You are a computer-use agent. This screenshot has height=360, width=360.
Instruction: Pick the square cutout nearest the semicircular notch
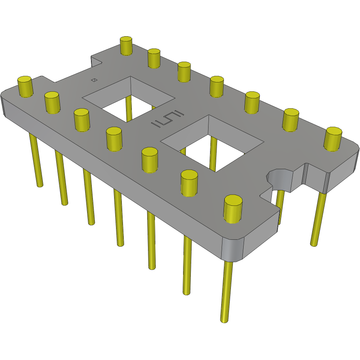pos(210,143)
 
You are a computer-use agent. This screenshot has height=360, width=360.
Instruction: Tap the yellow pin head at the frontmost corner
pos(233,208)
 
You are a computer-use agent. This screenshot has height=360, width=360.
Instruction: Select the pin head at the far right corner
pos(333,138)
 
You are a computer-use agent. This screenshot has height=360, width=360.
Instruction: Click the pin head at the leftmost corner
pos(25,86)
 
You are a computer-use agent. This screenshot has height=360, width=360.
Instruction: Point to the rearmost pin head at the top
pos(126,45)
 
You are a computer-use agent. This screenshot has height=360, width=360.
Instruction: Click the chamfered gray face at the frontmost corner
pos(233,249)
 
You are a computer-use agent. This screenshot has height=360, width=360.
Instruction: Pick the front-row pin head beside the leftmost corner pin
pos(52,102)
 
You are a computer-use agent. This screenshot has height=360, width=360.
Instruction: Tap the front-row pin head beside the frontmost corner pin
pos(189,183)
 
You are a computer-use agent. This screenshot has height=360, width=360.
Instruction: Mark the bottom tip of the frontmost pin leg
pos(223,320)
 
